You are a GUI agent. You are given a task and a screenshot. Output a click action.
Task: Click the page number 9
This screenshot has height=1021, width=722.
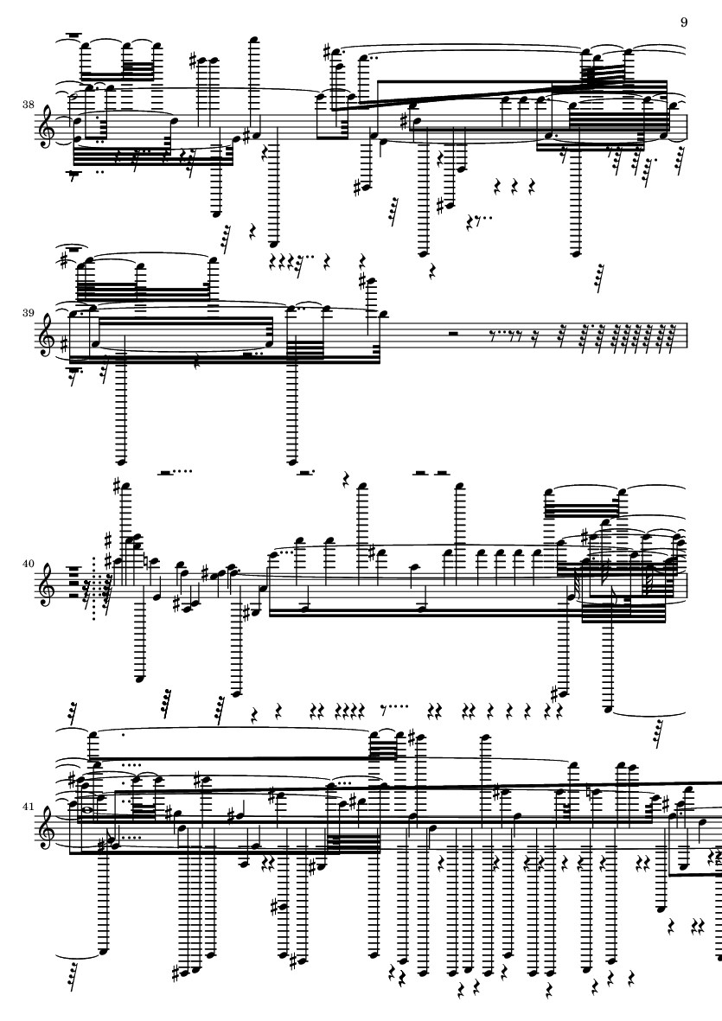[x=684, y=22]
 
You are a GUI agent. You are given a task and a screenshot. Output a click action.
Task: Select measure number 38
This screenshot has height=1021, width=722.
[x=28, y=105]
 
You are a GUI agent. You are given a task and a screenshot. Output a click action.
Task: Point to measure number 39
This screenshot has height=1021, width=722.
[x=28, y=313]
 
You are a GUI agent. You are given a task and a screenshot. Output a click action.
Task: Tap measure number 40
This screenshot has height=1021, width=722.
[x=28, y=564]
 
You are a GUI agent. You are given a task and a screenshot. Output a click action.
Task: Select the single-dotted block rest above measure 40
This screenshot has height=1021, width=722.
[x=306, y=471]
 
